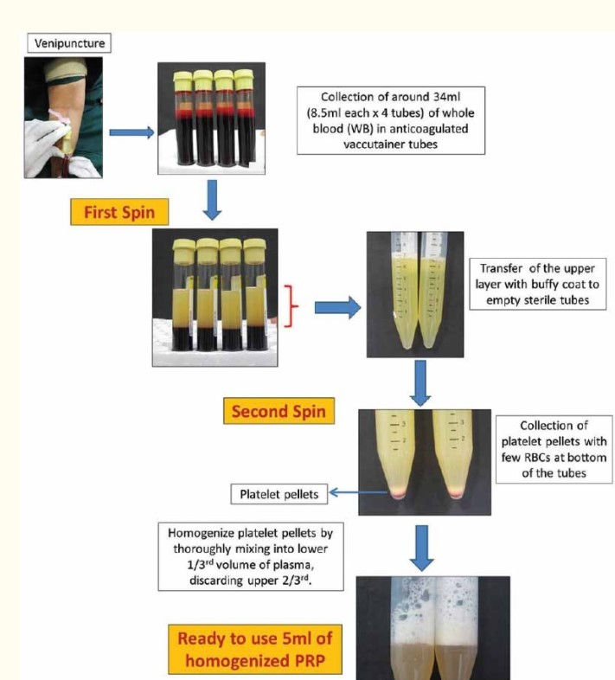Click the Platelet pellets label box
pos(274,494)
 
